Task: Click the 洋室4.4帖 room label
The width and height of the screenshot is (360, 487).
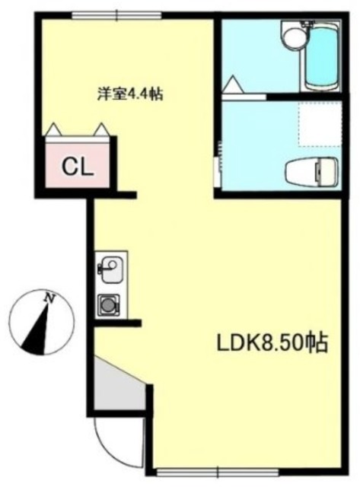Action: coord(130,94)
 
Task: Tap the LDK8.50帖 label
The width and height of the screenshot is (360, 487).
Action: coord(272,343)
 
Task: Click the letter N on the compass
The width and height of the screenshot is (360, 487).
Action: coord(49,298)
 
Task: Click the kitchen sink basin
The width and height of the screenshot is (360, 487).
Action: coord(113,269)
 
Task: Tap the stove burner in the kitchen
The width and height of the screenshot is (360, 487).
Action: coord(109,304)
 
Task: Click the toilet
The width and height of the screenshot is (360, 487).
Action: coord(311,173)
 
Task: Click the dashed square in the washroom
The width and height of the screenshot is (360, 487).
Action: coord(320,123)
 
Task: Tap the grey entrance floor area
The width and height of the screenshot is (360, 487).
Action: coord(119,386)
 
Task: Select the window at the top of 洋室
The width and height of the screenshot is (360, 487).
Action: coord(117,15)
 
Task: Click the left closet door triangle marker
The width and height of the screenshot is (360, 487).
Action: coord(54,129)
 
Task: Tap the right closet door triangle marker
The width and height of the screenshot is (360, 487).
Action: coord(101,129)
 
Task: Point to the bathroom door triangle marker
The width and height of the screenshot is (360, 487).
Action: coord(233,84)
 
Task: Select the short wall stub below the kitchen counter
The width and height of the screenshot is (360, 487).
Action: coord(117,323)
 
